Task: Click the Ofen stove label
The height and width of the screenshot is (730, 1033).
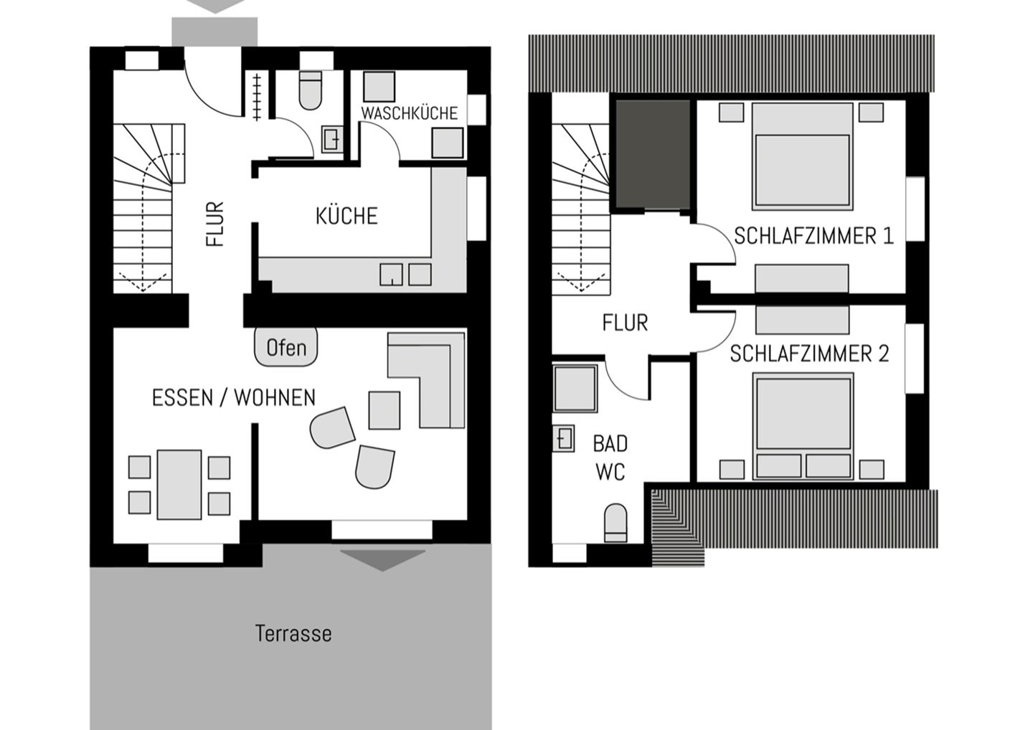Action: coord(286,348)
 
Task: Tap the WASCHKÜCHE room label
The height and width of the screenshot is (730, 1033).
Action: coord(410,113)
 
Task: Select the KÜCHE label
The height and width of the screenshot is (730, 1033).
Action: coord(346,216)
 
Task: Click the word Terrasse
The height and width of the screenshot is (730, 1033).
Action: coord(293,634)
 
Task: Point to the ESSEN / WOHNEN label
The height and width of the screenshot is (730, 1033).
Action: coord(234,398)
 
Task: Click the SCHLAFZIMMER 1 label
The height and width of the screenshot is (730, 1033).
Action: coord(814,236)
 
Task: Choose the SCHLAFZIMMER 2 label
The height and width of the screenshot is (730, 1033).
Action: coord(809,354)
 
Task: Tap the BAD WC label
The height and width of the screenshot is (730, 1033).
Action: coord(610,458)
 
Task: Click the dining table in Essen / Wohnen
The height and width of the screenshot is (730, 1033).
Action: coord(179,485)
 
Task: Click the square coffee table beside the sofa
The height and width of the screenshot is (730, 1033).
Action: coord(385,410)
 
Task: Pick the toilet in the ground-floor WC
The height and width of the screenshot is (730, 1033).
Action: coord(311,90)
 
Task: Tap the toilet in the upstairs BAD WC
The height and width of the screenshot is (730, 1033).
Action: coord(615,523)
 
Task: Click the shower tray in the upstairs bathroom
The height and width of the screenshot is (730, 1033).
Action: coord(575,388)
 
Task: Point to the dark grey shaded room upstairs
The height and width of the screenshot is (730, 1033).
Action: coord(653,154)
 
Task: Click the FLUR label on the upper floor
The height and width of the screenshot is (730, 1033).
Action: coord(625,323)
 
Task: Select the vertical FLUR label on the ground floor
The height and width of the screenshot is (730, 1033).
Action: coord(215,224)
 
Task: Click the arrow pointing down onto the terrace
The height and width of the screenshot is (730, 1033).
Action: coord(383,560)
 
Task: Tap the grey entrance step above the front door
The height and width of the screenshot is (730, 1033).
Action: coord(214,32)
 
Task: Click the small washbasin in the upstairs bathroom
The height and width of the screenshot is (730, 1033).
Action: coord(564,438)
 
